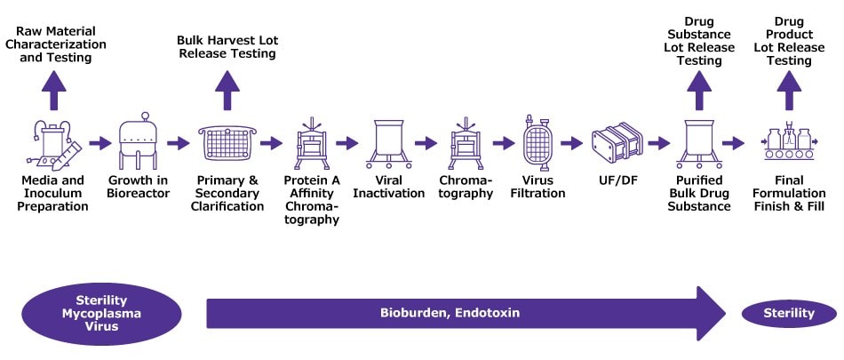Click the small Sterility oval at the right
[x=789, y=313]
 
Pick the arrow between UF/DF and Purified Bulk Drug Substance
[x=658, y=143]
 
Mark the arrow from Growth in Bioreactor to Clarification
[x=179, y=143]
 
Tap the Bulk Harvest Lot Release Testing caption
[x=227, y=47]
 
